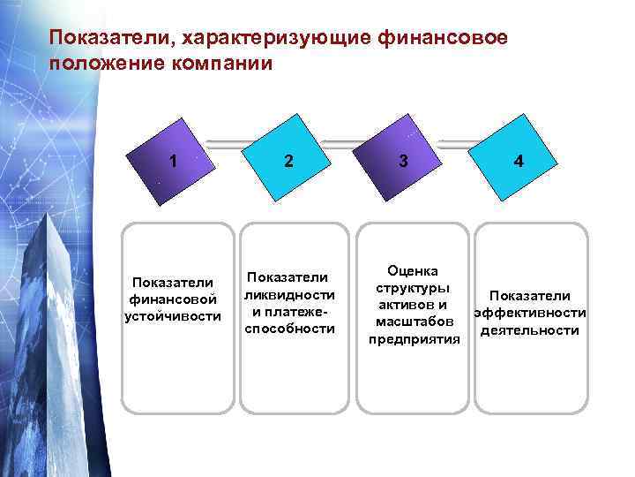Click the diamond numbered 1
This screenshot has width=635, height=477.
pos(174,161)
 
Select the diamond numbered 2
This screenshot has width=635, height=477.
pos(288,161)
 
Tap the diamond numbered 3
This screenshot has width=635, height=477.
pos(403,161)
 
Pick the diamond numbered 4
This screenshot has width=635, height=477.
pos(519,161)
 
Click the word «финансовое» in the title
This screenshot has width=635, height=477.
pos(442,38)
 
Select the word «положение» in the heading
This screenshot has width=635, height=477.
pos(101,64)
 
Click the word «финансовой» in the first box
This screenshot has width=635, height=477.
pos(173,299)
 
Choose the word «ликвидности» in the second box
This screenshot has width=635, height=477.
pos(290,294)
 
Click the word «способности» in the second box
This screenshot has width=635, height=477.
pos(290,328)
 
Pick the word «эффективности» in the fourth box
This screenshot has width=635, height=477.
pos(530,313)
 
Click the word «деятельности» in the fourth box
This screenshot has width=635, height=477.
pos(530,330)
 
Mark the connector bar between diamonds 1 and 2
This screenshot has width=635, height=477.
pos(231,139)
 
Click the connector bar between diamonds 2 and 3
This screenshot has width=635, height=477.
pos(346,139)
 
